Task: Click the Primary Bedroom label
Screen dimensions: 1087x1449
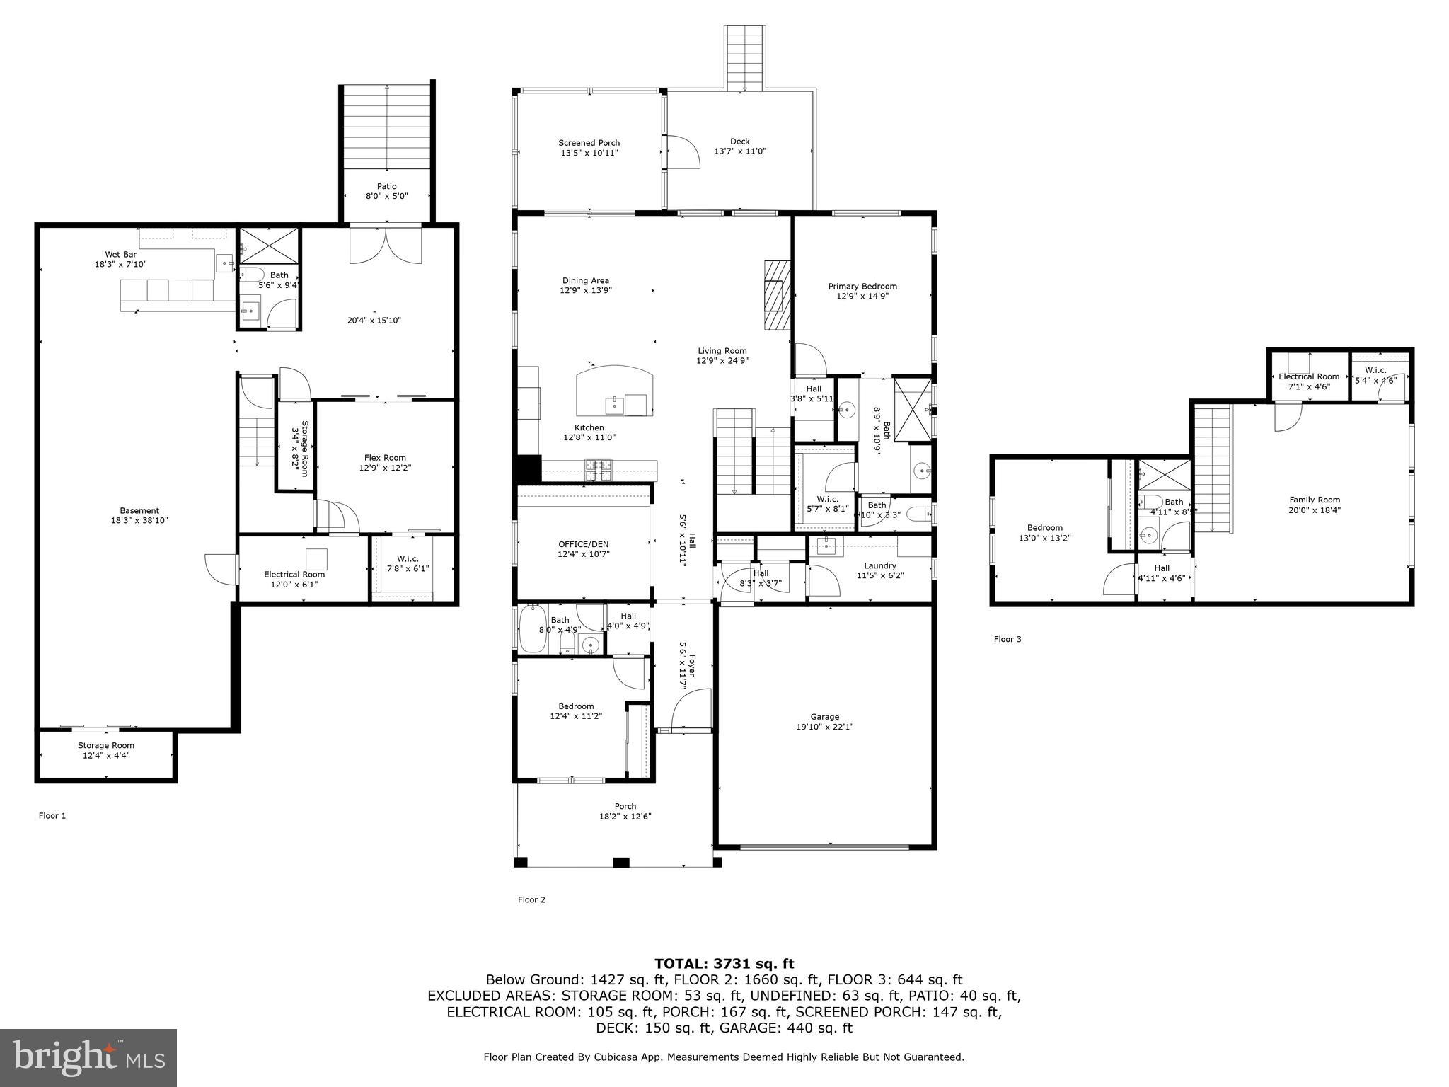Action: pyautogui.click(x=862, y=287)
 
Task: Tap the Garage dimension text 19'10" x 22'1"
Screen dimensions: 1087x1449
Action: pyautogui.click(x=825, y=726)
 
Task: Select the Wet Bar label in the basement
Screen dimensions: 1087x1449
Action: pyautogui.click(x=120, y=255)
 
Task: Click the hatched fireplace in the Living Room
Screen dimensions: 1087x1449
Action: pyautogui.click(x=776, y=294)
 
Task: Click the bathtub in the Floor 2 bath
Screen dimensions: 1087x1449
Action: pyautogui.click(x=532, y=628)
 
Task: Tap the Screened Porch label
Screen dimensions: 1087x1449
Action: pyautogui.click(x=589, y=143)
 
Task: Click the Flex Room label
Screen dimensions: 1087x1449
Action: pyautogui.click(x=385, y=458)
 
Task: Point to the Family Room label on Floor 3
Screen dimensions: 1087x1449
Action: pyautogui.click(x=1315, y=500)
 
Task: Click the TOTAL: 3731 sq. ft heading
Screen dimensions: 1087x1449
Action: pyautogui.click(x=724, y=963)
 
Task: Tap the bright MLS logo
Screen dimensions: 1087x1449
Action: pyautogui.click(x=88, y=1057)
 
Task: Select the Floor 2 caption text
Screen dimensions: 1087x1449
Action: pyautogui.click(x=531, y=899)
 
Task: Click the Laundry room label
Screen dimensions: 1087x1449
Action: pyautogui.click(x=880, y=565)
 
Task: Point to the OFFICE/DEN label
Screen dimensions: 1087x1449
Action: pyautogui.click(x=583, y=544)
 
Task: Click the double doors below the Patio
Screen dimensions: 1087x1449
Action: pyautogui.click(x=386, y=244)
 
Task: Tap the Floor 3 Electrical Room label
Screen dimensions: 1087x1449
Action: pyautogui.click(x=1308, y=376)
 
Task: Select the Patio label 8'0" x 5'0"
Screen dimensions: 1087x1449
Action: pyautogui.click(x=386, y=191)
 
